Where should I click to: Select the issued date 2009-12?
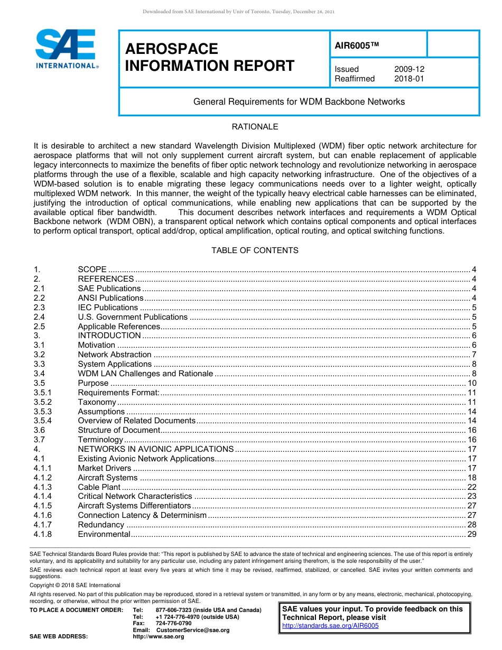pos(409,69)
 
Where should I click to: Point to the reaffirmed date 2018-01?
pos(409,79)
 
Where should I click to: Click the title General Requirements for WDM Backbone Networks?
pos(299,101)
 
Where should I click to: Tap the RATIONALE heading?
pos(255,127)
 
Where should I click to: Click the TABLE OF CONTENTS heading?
pos(255,250)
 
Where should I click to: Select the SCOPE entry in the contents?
pos(92,270)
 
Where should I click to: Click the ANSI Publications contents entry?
pos(110,298)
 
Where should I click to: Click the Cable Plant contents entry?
pos(99,487)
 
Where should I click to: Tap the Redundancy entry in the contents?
pos(101,525)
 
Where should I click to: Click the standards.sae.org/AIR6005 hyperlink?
pos(330,626)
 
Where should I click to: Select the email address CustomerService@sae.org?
pos(193,630)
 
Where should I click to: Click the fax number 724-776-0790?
pos(173,623)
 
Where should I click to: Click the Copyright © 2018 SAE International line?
pos(75,585)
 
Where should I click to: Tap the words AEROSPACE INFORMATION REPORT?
pos(209,57)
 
